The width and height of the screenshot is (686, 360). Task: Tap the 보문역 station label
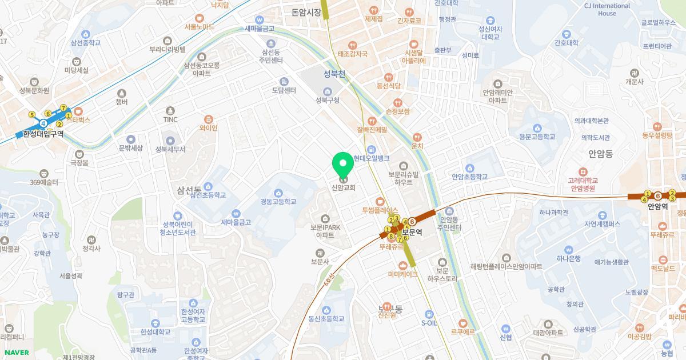click(412, 233)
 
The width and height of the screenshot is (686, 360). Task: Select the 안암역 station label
click(658, 207)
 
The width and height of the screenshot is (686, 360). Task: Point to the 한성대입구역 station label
click(43, 134)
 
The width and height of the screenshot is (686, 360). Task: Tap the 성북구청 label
click(328, 101)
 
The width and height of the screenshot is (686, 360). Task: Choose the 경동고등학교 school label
click(278, 201)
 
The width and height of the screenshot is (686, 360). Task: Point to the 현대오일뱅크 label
click(371, 158)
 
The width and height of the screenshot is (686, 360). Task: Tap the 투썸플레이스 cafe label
click(380, 210)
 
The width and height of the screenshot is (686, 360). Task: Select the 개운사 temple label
click(634, 82)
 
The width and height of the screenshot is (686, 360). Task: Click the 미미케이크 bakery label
click(402, 274)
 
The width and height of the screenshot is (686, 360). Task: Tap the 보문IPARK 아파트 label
click(325, 231)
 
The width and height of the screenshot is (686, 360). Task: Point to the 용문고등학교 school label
click(537, 137)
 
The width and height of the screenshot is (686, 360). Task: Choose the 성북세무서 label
click(170, 149)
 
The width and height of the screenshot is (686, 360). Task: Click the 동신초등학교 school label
click(326, 319)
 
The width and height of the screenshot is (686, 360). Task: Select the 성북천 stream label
click(334, 74)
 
